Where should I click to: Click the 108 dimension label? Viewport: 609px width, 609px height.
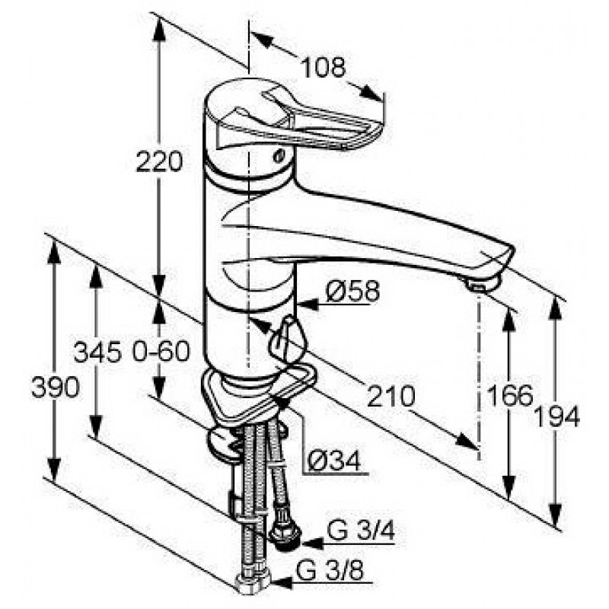323,67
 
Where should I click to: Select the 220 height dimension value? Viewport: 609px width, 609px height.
159,161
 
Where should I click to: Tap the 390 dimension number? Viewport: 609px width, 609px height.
56,387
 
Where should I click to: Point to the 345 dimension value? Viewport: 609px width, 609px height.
97,351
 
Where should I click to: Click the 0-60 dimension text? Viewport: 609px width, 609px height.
161,351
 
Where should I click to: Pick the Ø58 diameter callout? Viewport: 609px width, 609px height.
352,292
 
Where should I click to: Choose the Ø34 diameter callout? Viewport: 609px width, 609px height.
334,461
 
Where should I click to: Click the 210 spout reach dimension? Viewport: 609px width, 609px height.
391,397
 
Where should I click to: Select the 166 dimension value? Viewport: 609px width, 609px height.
509,395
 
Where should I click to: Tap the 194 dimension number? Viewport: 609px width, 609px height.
556,417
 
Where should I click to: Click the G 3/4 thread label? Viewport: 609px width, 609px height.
361,530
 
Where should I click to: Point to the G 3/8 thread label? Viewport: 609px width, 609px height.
330,571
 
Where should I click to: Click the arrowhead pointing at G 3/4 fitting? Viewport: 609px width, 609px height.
313,544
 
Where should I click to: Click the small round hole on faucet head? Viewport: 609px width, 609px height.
278,157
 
